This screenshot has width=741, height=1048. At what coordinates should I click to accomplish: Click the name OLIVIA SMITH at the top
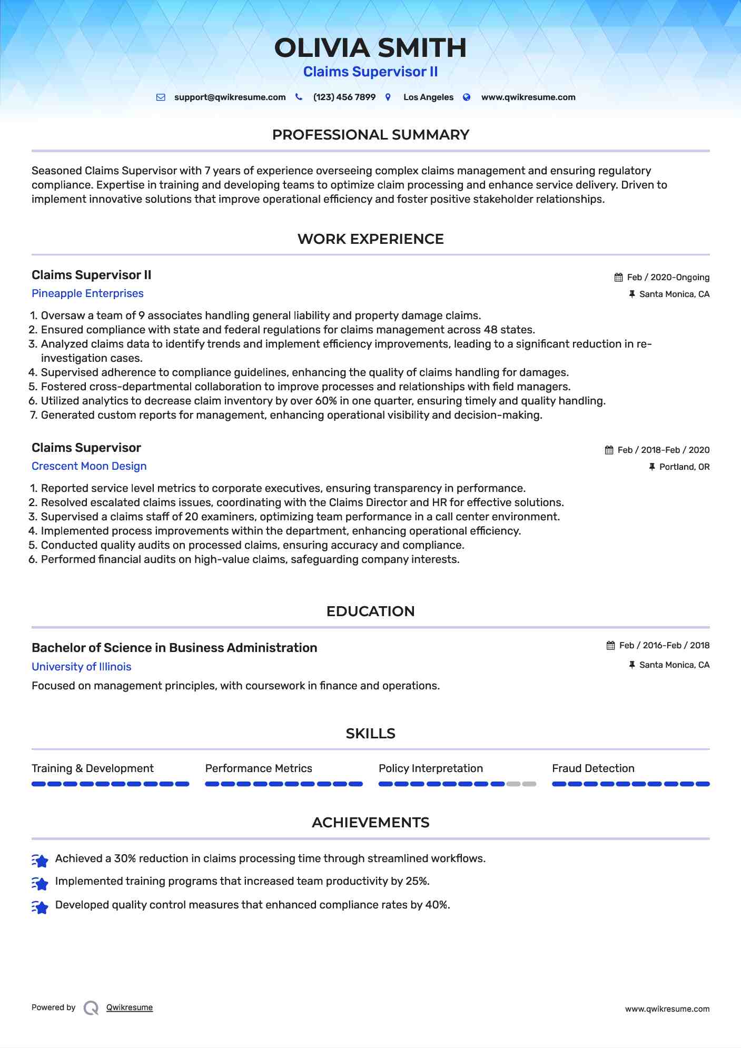pyautogui.click(x=370, y=48)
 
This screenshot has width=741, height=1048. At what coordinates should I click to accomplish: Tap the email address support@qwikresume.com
pyautogui.click(x=230, y=97)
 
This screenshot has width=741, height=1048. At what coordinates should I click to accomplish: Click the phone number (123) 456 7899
pyautogui.click(x=344, y=97)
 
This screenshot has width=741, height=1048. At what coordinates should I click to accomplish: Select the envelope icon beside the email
pyautogui.click(x=161, y=97)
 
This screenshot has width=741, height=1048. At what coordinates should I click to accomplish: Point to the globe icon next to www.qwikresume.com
pyautogui.click(x=467, y=97)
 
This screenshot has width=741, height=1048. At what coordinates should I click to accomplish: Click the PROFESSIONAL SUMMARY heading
pyautogui.click(x=370, y=135)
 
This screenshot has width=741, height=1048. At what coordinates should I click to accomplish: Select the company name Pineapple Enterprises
pyautogui.click(x=87, y=293)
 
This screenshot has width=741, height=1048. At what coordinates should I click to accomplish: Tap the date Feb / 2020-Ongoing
pyautogui.click(x=668, y=278)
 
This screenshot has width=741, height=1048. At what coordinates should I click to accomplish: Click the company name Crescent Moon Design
pyautogui.click(x=89, y=466)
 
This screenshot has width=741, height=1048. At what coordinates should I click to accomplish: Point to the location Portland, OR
pyautogui.click(x=684, y=467)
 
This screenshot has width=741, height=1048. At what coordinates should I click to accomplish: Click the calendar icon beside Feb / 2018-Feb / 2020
pyautogui.click(x=609, y=450)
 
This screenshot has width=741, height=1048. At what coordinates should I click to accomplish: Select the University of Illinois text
pyautogui.click(x=81, y=667)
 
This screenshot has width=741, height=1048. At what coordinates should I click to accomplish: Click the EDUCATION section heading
pyautogui.click(x=370, y=611)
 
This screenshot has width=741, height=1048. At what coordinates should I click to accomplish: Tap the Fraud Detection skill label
pyautogui.click(x=593, y=768)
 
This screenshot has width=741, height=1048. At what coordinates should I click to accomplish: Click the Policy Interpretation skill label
pyautogui.click(x=430, y=768)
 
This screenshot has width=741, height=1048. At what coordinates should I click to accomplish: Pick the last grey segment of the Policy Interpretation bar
pyautogui.click(x=529, y=784)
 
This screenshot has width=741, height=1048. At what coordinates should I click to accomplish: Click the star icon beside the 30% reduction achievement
pyautogui.click(x=40, y=860)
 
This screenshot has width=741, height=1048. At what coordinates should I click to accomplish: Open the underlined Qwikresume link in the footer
pyautogui.click(x=130, y=1007)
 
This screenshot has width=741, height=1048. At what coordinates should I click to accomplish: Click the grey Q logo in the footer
pyautogui.click(x=91, y=1008)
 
